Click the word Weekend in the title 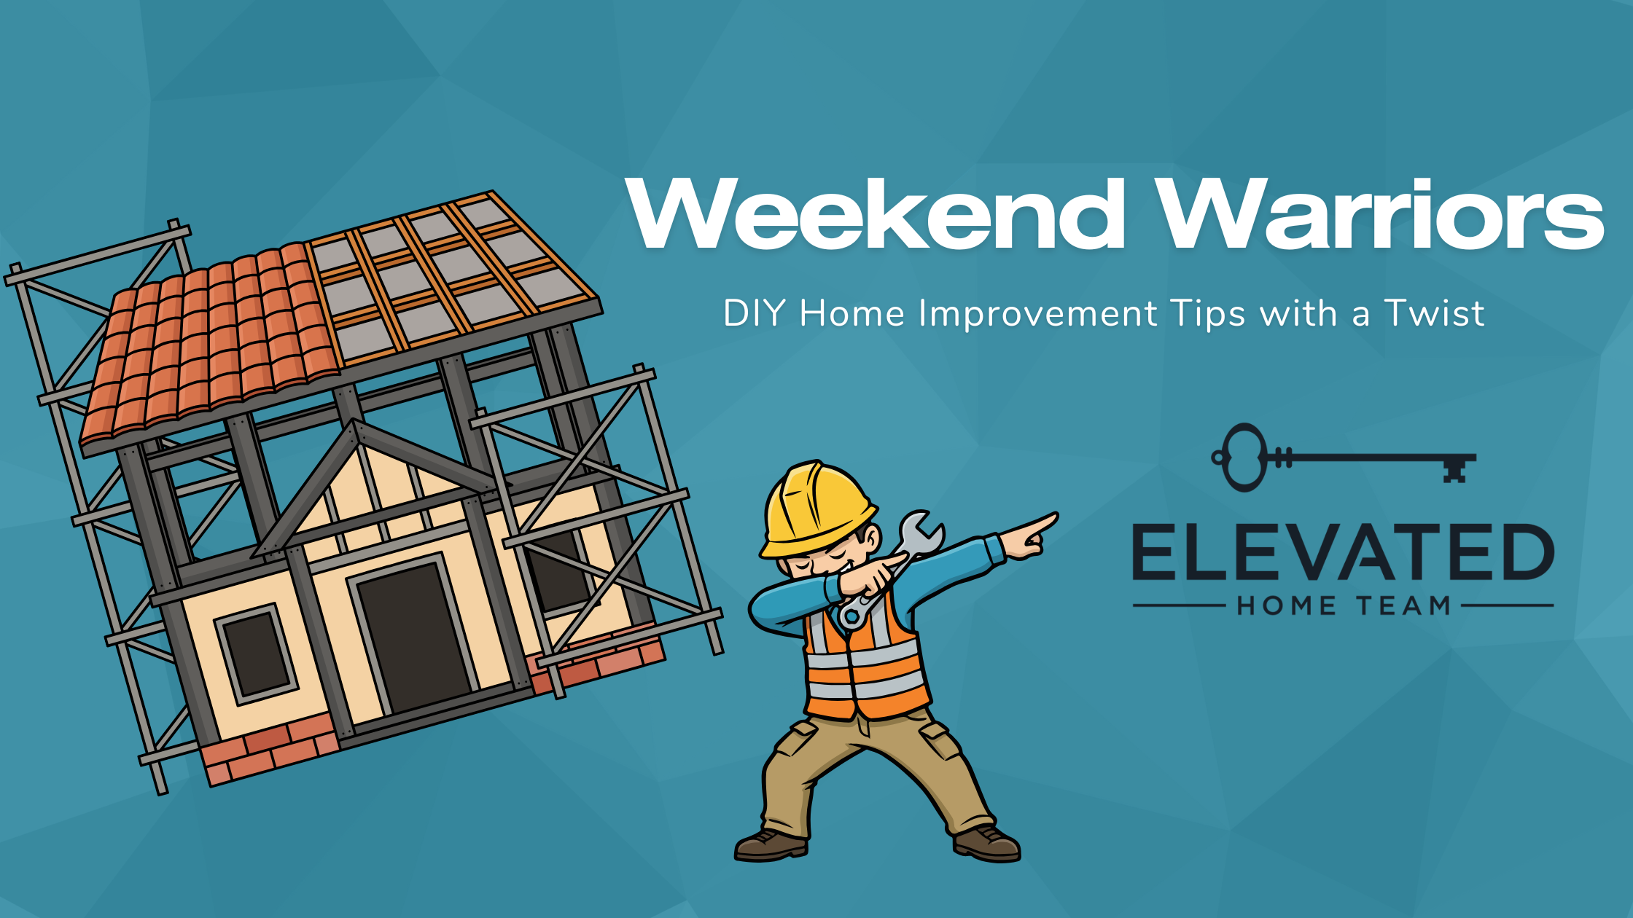[875, 214]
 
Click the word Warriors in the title [1381, 214]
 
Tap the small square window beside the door [255, 653]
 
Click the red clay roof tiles [211, 342]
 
